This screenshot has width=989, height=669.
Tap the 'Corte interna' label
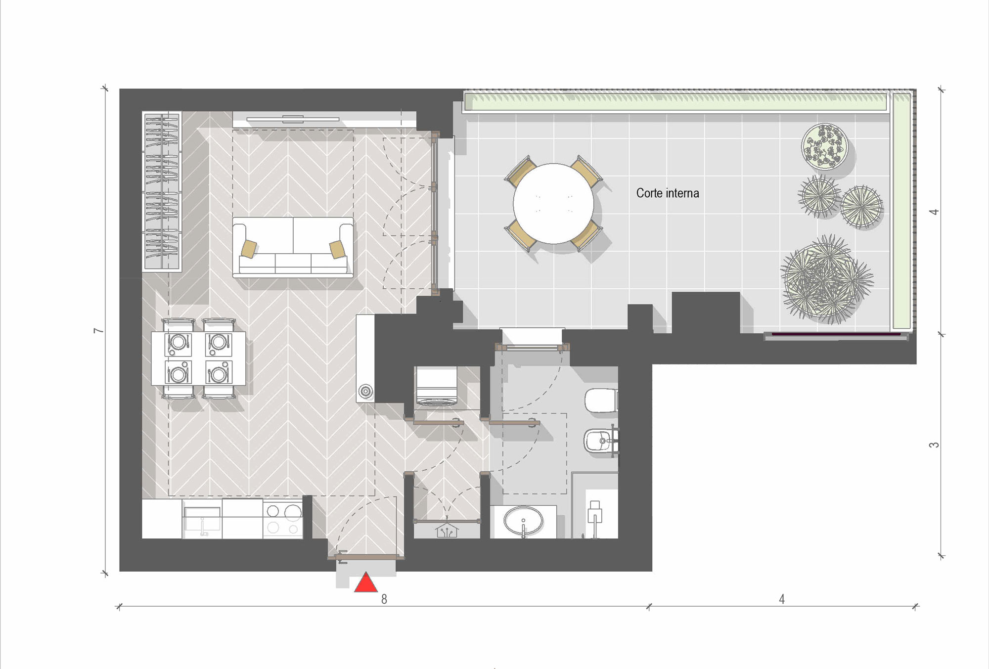pyautogui.click(x=668, y=193)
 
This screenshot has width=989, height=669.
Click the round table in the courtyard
pyautogui.click(x=553, y=203)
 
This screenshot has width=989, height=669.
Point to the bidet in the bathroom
pyautogui.click(x=599, y=440)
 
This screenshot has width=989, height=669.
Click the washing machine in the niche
pyautogui.click(x=436, y=387)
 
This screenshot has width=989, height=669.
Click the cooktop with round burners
pyautogui.click(x=282, y=519)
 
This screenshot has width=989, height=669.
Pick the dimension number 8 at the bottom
pyautogui.click(x=384, y=599)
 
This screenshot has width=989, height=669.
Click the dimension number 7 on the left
pyautogui.click(x=99, y=330)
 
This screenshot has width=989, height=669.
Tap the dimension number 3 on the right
pyautogui.click(x=934, y=445)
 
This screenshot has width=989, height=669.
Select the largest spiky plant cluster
pyautogui.click(x=826, y=279)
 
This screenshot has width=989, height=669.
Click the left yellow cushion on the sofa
pyautogui.click(x=249, y=248)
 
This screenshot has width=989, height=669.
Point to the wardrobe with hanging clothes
pyautogui.click(x=162, y=191)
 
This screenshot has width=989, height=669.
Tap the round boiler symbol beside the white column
pyautogui.click(x=366, y=392)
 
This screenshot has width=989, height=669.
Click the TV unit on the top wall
pyautogui.click(x=293, y=119)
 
